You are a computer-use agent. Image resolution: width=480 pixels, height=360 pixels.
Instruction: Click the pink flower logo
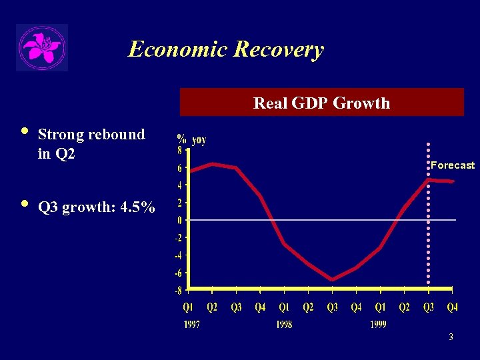coord(42,47)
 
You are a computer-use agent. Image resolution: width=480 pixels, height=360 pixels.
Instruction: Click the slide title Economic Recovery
coord(225,49)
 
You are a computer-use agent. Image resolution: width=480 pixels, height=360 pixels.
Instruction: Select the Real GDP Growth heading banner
coord(321,103)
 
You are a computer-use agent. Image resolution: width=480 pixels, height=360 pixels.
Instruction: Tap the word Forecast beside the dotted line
coord(452,165)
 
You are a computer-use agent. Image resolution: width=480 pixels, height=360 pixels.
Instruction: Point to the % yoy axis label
coord(191,139)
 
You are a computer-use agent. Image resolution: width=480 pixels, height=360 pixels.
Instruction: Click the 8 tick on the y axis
coord(179,151)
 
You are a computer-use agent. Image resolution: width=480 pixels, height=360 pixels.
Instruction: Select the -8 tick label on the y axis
coord(178,291)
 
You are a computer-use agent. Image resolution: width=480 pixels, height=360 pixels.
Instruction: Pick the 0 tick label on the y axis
coord(179,220)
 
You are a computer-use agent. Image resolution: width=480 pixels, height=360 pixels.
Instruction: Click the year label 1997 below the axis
coord(191,325)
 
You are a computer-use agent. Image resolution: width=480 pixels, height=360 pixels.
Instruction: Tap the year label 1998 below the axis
coord(284,325)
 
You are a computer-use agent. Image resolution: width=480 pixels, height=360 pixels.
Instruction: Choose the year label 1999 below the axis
coord(377,325)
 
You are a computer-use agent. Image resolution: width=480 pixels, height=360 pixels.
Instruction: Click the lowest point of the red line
coord(332,279)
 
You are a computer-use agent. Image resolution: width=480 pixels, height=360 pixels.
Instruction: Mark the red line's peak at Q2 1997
coord(212,163)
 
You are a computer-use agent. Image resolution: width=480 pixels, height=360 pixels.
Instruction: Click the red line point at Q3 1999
coord(429,179)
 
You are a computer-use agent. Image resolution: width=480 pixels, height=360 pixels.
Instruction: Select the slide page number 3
coord(451,337)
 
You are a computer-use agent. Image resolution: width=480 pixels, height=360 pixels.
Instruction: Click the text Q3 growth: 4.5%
coord(97,207)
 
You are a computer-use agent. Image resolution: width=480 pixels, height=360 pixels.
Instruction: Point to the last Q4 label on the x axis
coord(452,307)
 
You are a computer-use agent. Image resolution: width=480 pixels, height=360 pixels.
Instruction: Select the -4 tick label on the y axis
coord(178,255)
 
